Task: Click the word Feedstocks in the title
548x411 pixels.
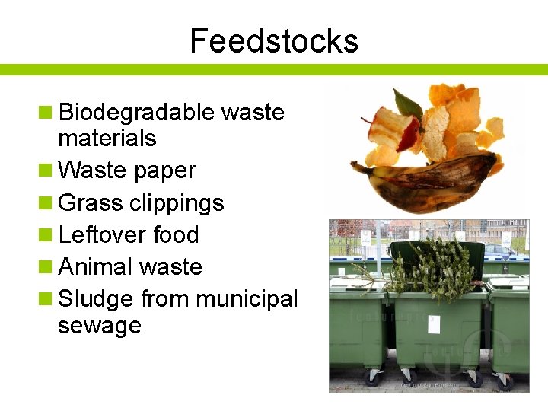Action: click(274, 40)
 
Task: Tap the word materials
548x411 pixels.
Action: click(107, 139)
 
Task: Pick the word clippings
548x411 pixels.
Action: click(177, 204)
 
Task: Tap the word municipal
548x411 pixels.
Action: click(247, 300)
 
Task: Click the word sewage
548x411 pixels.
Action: click(99, 326)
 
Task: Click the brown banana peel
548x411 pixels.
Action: click(426, 170)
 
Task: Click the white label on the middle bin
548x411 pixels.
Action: click(434, 325)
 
